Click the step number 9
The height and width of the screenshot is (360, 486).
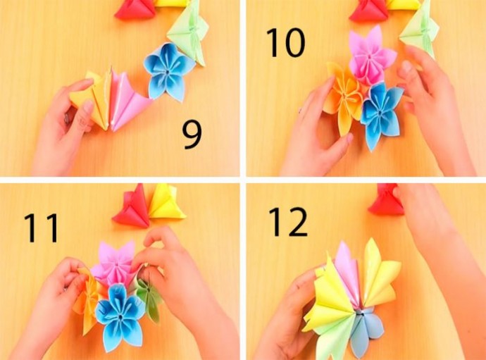click(192, 135)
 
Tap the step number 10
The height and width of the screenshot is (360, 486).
click(285, 42)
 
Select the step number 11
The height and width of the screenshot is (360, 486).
click(42, 228)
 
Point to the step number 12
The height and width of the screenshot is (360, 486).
click(288, 222)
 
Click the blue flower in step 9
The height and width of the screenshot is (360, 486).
click(169, 71)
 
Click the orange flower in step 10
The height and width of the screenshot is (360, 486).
click(344, 96)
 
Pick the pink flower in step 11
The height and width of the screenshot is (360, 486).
click(115, 263)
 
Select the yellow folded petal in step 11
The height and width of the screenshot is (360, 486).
click(166, 202)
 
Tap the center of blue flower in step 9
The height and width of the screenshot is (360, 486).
click(168, 72)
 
